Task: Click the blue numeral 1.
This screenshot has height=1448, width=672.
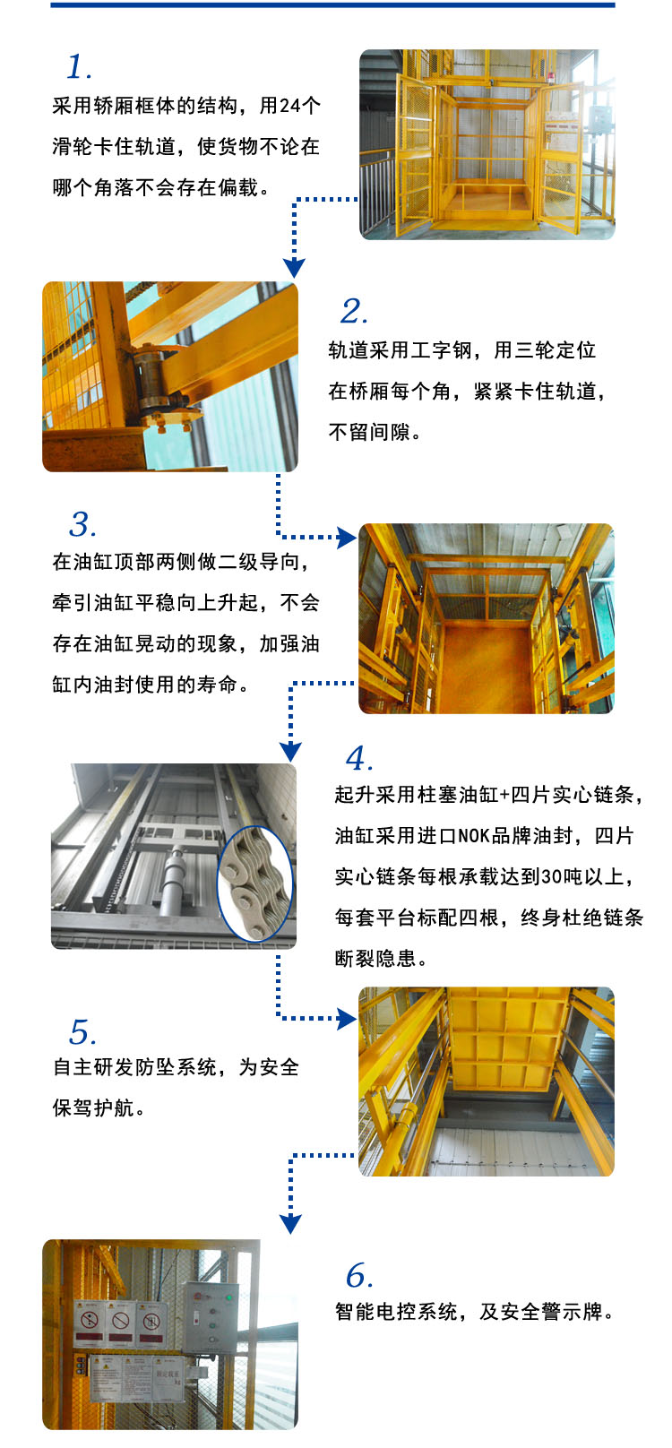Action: click(x=79, y=67)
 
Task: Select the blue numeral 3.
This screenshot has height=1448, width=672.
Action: click(x=82, y=525)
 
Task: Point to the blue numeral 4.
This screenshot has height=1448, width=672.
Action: click(x=358, y=760)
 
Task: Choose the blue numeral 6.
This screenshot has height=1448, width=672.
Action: click(x=358, y=1276)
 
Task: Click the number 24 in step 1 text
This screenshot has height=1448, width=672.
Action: click(x=289, y=106)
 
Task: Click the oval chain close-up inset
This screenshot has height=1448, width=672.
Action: click(x=256, y=883)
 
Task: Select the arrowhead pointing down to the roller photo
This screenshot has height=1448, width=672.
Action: click(x=294, y=267)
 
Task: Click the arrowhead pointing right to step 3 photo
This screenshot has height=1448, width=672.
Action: click(x=347, y=538)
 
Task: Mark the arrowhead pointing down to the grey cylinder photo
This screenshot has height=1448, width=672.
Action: click(x=290, y=751)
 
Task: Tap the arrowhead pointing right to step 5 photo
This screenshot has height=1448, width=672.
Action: click(x=347, y=1018)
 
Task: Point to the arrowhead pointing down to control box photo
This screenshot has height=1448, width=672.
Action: click(x=290, y=1224)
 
